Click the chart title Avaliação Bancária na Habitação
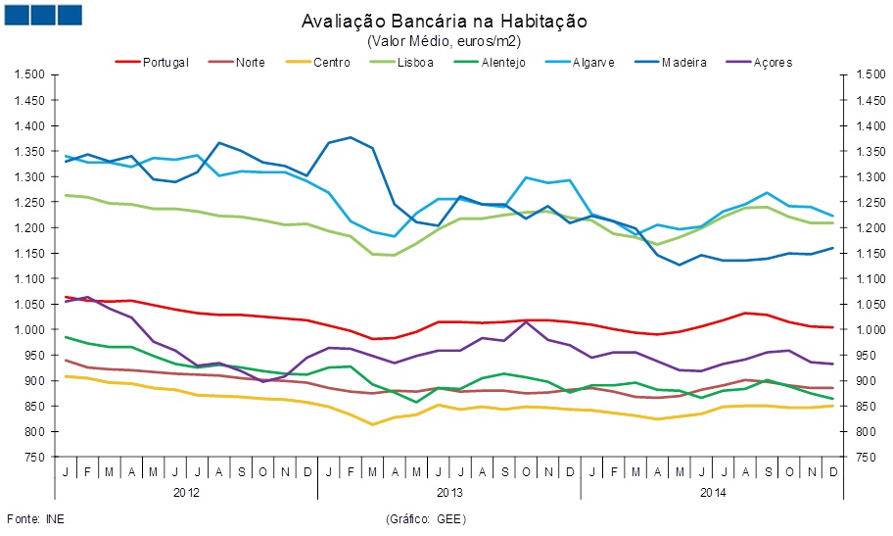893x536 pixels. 446,21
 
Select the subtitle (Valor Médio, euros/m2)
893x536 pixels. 446,40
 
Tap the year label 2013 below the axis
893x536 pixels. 449,492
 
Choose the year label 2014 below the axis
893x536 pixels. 713,492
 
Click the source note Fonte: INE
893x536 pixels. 29,517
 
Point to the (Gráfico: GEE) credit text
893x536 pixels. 429,517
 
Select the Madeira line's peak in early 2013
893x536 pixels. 350,137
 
